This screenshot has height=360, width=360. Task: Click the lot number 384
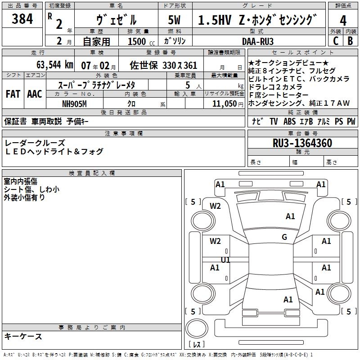point(22,19)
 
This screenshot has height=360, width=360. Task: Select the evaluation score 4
point(343,21)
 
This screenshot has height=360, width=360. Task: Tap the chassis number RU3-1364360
point(302,144)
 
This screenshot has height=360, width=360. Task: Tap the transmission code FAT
point(13,94)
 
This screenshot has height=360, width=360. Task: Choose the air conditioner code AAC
point(35,94)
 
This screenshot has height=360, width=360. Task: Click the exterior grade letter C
point(335,41)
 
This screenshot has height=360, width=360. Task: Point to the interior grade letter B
point(350,41)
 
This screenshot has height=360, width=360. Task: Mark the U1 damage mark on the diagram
point(225,260)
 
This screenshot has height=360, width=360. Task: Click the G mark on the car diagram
point(284,237)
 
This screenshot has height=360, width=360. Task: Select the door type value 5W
point(175,21)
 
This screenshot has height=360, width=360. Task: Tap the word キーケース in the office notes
point(23,336)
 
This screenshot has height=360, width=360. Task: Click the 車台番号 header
point(302,134)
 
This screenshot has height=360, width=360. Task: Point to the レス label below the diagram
point(196,345)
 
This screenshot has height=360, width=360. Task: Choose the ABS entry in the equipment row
point(289,121)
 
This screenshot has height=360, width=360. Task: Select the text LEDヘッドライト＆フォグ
point(54,152)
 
